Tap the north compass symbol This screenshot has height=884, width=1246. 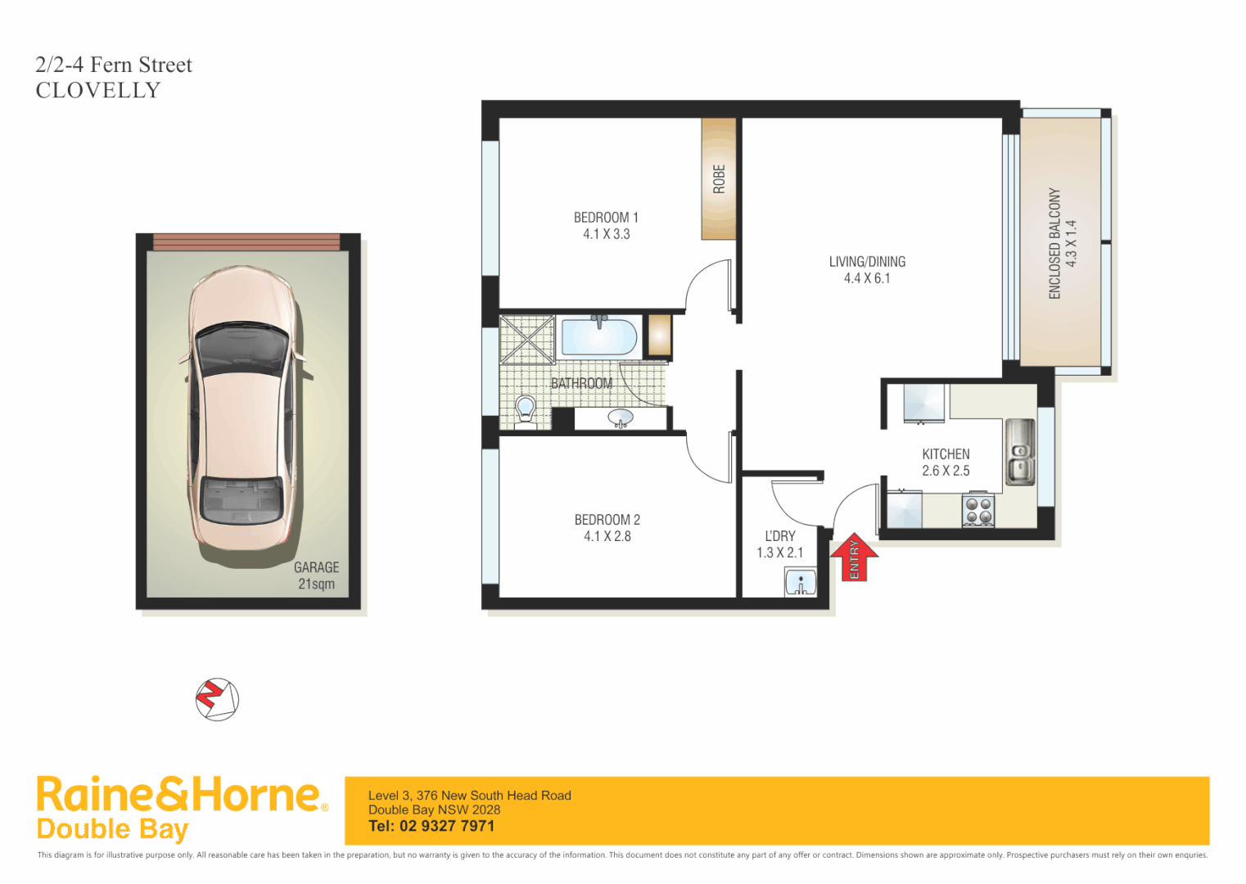pos(217,700)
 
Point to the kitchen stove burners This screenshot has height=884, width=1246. pos(977,511)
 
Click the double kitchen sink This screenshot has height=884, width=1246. pos(1019,452)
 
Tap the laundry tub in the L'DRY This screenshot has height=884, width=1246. pos(800,584)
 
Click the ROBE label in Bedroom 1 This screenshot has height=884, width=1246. pos(719,178)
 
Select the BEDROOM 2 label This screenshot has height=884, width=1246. pos(607,520)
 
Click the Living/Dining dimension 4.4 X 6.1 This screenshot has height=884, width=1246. pos(867,278)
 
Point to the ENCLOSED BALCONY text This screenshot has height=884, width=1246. pos(1054,243)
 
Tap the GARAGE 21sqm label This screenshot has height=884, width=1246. pos(316,575)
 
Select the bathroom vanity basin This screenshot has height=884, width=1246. pos(621,419)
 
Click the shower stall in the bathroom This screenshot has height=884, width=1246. pos(527,339)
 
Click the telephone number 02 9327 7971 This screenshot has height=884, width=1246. pos(447,826)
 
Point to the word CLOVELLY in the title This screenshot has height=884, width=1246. pos(98,90)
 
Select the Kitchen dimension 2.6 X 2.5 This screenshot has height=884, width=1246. pos(946,471)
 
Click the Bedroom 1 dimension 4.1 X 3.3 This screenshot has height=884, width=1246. pos(606,234)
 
